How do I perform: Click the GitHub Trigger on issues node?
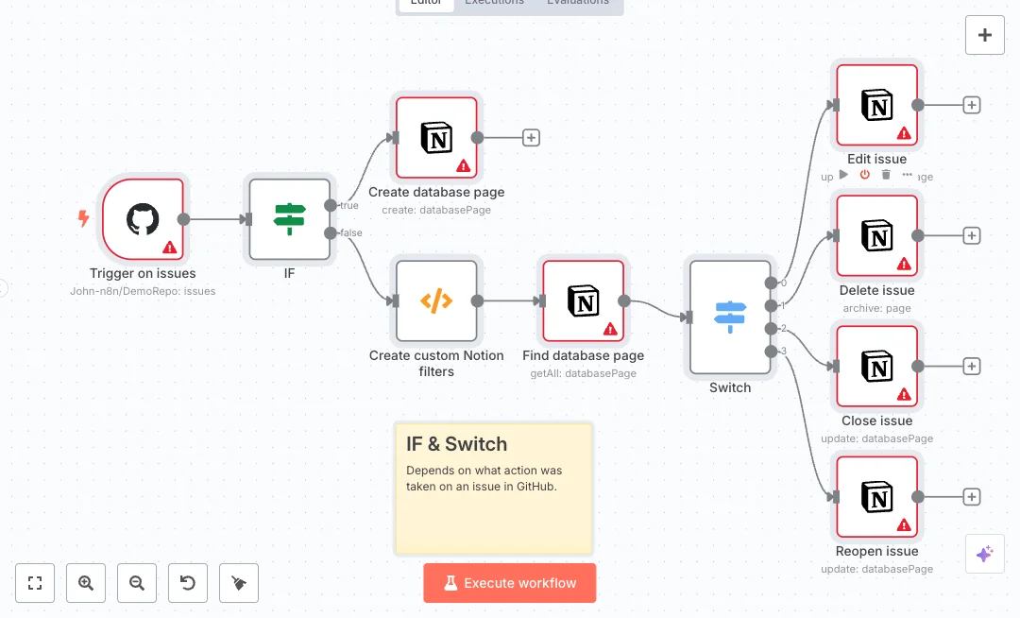tap(143, 219)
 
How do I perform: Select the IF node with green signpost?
tap(290, 219)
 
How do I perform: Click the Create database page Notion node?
tap(436, 137)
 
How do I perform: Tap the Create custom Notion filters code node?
tap(436, 300)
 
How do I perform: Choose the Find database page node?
tap(583, 300)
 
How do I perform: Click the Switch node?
tap(729, 318)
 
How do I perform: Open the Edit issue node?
tap(876, 105)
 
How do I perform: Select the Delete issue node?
tap(876, 235)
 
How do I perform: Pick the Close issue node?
tap(876, 366)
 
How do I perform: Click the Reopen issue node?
tap(876, 497)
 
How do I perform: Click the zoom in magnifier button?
tap(86, 583)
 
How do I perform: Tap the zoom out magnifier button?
tap(137, 583)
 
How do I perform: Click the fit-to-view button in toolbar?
tap(35, 583)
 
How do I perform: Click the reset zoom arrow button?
tap(188, 583)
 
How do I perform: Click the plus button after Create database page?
tap(531, 138)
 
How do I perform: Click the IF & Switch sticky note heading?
tap(456, 444)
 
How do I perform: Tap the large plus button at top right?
tap(985, 35)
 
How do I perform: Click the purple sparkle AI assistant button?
tap(984, 554)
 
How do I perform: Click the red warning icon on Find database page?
tap(610, 329)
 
